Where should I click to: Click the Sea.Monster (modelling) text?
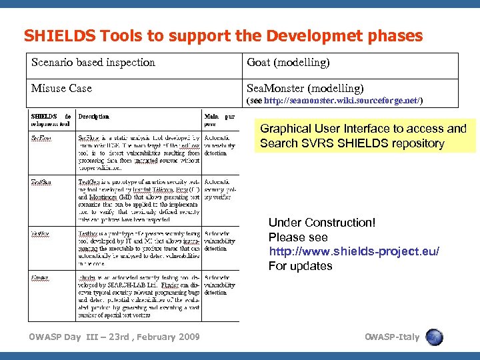(305, 88)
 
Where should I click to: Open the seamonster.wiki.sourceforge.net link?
(343, 101)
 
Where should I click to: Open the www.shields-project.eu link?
(353, 251)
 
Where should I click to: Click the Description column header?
(94, 117)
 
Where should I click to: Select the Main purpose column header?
(219, 120)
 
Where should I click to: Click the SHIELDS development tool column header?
(51, 120)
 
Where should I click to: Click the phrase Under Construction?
(322, 222)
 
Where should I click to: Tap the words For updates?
(300, 266)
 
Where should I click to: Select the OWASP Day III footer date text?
(114, 337)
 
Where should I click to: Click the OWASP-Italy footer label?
(393, 337)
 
